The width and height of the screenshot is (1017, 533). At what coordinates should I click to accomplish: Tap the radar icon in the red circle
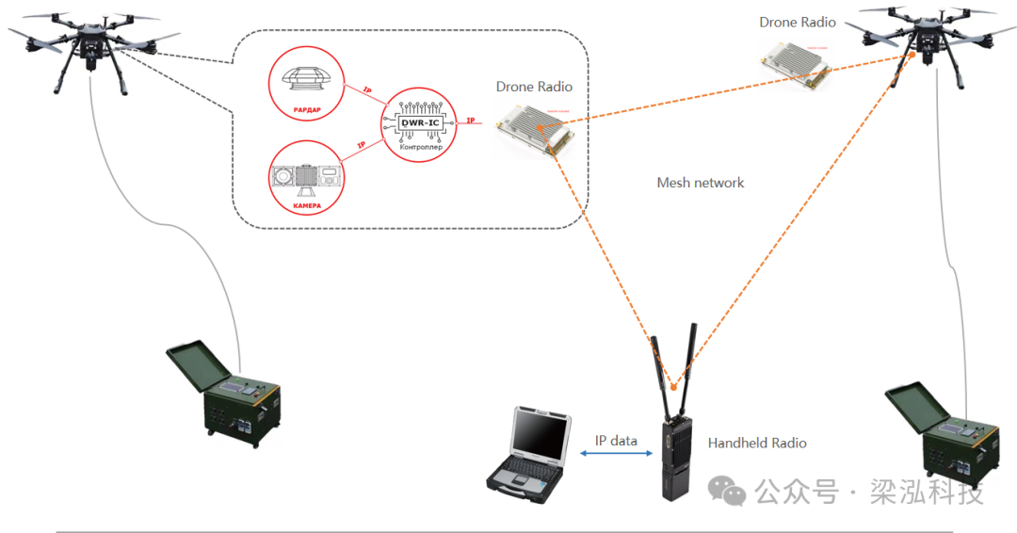coord(308,79)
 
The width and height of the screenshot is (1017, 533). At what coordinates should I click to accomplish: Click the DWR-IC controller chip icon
coord(415,122)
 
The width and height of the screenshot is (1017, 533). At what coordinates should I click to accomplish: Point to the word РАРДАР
coord(307,111)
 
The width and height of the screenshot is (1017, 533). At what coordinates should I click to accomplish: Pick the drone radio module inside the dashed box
coord(534,130)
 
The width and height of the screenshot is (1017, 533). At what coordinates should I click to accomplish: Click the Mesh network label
coord(700,183)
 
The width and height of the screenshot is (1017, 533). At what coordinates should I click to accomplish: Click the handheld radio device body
coord(675,458)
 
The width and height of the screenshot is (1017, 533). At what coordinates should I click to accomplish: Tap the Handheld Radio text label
coord(757,443)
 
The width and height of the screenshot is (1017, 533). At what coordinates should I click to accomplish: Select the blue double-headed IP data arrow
coord(617,455)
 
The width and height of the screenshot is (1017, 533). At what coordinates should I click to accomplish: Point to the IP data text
coord(616,441)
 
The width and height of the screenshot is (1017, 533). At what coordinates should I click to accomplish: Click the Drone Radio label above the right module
coord(798,22)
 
